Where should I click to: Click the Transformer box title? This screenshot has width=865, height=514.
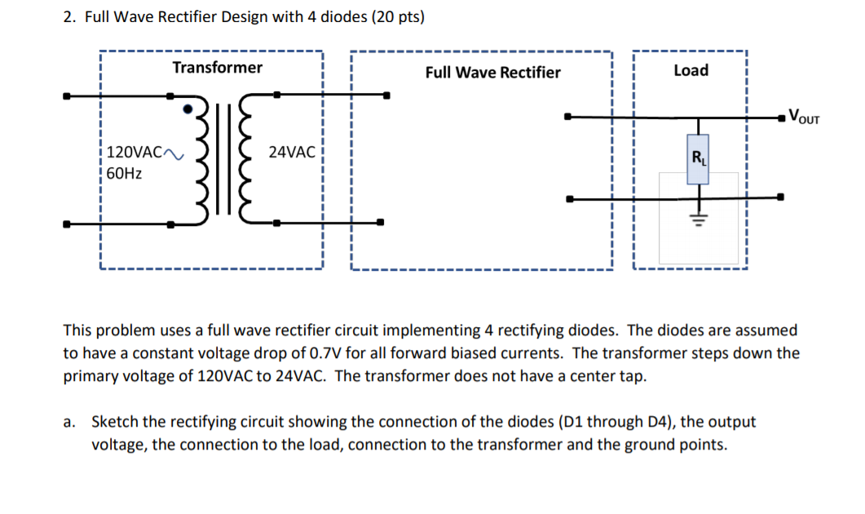[217, 68]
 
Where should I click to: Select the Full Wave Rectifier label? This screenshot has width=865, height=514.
[492, 73]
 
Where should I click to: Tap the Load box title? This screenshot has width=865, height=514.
[691, 70]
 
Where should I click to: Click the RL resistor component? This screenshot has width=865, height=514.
[697, 159]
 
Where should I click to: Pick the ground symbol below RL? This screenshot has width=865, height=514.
[697, 219]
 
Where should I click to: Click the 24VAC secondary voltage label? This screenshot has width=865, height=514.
[292, 152]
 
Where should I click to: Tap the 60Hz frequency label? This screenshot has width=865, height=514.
[124, 173]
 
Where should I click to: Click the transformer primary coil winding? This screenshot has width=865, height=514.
[204, 159]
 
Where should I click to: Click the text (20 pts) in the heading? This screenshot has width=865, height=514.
[397, 17]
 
